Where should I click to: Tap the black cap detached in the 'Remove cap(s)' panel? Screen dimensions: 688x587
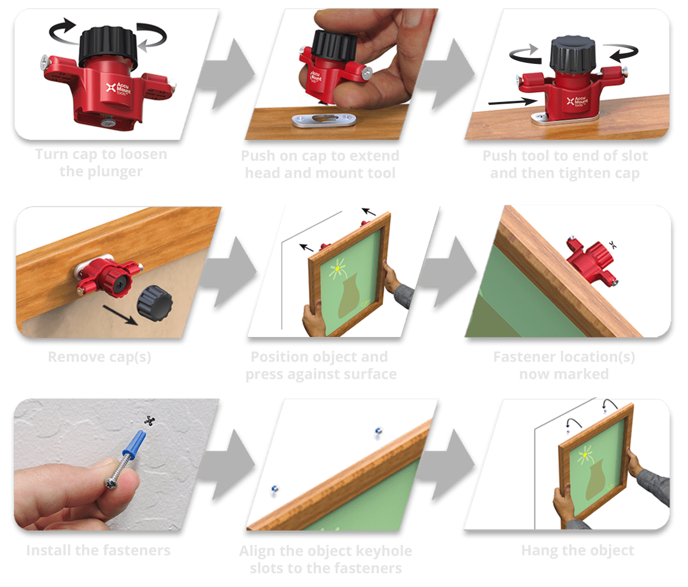coord(155,302)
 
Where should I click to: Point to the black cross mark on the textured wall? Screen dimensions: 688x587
coord(150,421)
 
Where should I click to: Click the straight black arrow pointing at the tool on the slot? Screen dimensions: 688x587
coord(512,102)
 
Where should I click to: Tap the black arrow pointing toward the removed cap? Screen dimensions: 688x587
coord(120,315)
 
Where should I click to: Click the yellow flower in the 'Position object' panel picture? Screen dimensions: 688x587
coord(337,267)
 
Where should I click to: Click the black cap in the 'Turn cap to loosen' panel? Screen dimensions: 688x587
coord(108,47)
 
